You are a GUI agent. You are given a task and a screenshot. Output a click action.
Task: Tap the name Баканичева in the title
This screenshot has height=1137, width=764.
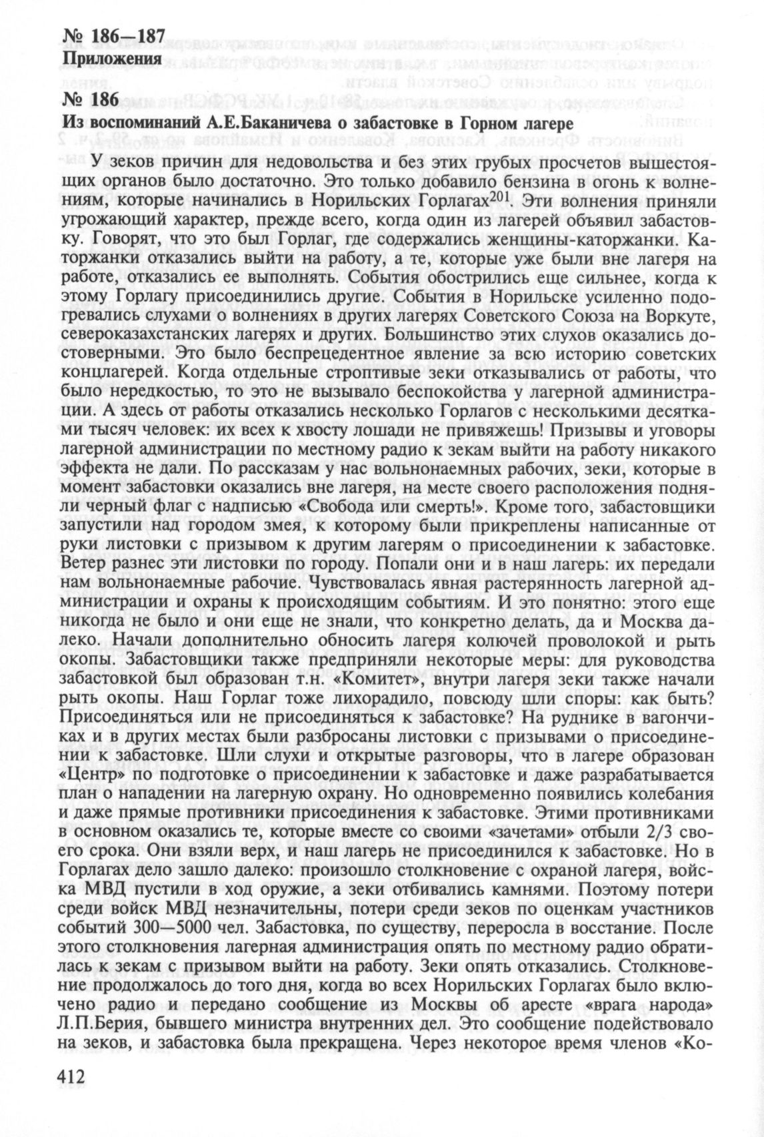click(x=298, y=123)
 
